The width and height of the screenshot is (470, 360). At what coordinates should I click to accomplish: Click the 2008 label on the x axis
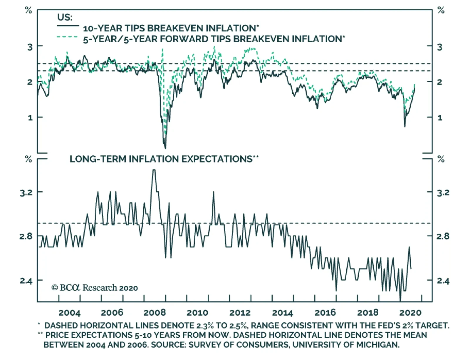coord(155,312)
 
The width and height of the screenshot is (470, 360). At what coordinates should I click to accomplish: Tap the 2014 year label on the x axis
coord(282,312)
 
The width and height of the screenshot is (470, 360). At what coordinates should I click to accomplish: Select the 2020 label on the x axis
coord(410,312)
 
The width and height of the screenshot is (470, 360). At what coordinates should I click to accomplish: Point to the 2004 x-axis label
coord(69,312)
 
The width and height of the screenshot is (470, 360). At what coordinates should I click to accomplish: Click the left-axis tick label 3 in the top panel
coord(30,47)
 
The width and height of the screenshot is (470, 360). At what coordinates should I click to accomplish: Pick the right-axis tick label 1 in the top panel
coord(439,118)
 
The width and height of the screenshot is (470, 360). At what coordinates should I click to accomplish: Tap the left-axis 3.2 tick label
coord(26,193)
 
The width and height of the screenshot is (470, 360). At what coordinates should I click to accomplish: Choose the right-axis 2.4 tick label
coord(443,281)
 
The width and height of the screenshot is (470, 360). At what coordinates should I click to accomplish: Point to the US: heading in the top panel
coord(65,17)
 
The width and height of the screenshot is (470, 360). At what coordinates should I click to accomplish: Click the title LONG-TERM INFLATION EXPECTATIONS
coord(161,159)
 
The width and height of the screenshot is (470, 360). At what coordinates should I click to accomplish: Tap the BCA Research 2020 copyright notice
coord(95,288)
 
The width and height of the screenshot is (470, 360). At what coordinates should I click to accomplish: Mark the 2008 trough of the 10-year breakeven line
coord(165,148)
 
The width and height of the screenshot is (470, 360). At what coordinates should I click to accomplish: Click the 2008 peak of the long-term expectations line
coord(154,170)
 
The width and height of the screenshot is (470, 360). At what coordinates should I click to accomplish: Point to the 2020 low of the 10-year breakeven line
coord(405,126)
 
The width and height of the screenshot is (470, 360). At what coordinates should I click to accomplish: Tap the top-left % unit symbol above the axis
coord(28,11)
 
